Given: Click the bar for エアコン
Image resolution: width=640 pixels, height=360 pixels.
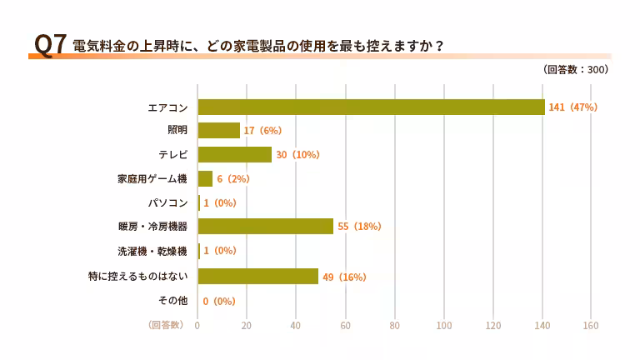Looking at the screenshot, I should pyautogui.click(x=371, y=107).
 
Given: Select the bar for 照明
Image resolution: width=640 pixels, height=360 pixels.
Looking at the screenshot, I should pyautogui.click(x=218, y=131).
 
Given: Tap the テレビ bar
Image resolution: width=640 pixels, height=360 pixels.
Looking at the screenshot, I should pyautogui.click(x=234, y=155).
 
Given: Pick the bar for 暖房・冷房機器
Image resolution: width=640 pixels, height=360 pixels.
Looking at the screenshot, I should pyautogui.click(x=265, y=226).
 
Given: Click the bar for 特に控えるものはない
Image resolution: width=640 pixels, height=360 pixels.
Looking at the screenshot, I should pyautogui.click(x=257, y=277).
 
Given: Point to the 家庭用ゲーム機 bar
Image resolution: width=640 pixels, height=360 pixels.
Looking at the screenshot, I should pyautogui.click(x=205, y=178).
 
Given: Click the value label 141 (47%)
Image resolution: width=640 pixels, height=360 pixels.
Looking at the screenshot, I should pyautogui.click(x=572, y=107).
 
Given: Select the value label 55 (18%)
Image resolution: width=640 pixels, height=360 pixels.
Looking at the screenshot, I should pyautogui.click(x=359, y=226).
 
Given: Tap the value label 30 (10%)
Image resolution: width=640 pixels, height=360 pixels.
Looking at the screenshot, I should pyautogui.click(x=297, y=155).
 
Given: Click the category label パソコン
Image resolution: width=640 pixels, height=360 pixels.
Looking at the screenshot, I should pyautogui.click(x=167, y=202).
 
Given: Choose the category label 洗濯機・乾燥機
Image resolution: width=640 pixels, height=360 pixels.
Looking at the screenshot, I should pyautogui.click(x=152, y=250).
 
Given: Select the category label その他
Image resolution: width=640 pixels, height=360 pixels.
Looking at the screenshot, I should pyautogui.click(x=172, y=300).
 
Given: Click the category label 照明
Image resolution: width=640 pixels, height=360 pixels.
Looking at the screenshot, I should pyautogui.click(x=177, y=131).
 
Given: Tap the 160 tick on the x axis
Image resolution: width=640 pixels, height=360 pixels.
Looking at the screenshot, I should pyautogui.click(x=592, y=325).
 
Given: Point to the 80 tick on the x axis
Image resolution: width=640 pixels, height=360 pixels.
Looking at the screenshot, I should pyautogui.click(x=394, y=325).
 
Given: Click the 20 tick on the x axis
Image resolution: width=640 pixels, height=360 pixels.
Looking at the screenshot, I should pyautogui.click(x=246, y=325).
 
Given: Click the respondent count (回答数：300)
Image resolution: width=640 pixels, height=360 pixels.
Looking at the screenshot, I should pyautogui.click(x=576, y=70).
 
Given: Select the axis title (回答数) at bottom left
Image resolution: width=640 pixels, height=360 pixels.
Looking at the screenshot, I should pyautogui.click(x=166, y=325).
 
